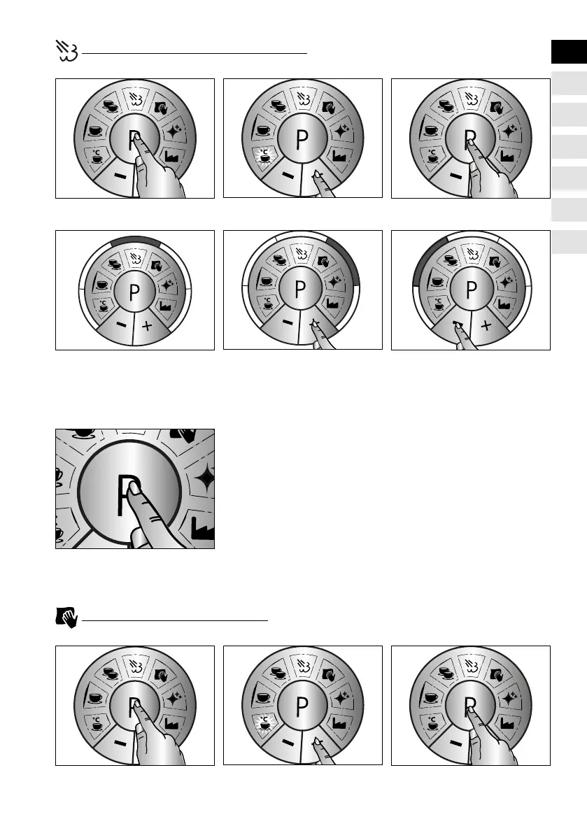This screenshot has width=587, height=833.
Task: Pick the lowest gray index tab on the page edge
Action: coord(567,242)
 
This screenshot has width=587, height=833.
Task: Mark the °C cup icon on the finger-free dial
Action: coord(101,306)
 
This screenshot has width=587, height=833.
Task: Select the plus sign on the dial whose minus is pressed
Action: coord(485,326)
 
